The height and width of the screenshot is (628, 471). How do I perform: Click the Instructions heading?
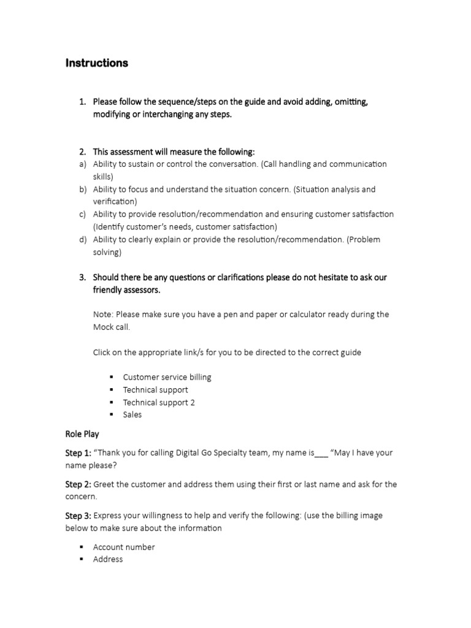click(x=96, y=63)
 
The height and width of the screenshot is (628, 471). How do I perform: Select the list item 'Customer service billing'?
click(x=167, y=377)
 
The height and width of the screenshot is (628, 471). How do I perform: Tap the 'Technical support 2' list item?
click(x=159, y=402)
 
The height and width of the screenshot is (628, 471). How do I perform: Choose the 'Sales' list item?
click(x=132, y=415)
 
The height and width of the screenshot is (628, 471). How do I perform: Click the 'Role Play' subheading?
click(x=82, y=434)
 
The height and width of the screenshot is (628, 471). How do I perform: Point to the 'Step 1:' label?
click(x=78, y=453)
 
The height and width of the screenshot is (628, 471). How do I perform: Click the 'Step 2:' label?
click(x=78, y=484)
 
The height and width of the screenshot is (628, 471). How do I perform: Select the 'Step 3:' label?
click(x=78, y=516)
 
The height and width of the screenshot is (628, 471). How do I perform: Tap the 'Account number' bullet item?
click(x=124, y=547)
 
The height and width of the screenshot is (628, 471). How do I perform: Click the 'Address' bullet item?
click(x=108, y=559)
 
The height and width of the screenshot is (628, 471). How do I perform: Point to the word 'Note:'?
click(x=103, y=314)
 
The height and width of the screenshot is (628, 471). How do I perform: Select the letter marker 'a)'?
click(x=82, y=164)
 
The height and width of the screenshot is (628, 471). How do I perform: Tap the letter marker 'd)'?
click(x=82, y=239)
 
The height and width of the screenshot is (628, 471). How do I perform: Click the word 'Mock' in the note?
click(x=104, y=327)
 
